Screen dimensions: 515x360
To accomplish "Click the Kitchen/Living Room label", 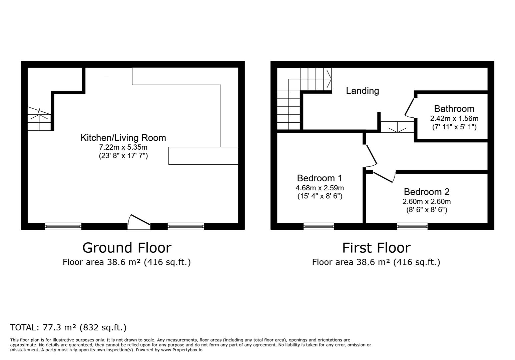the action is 123,138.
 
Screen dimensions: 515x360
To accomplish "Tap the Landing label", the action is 362,91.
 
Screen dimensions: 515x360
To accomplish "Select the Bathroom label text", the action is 454,109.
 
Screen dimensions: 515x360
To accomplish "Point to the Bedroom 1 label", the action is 320,178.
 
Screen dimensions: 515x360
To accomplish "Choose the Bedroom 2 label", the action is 427,192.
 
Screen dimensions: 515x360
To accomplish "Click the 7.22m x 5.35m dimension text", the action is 123,147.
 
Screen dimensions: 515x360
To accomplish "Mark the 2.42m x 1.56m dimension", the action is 454,119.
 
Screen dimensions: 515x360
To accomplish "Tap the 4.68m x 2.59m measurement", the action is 320,188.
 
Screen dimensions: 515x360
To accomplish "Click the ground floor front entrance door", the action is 139,222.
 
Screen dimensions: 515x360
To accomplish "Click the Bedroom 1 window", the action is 319,226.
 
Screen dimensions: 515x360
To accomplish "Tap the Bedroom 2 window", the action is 412,226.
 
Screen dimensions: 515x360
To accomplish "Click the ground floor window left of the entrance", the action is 63,226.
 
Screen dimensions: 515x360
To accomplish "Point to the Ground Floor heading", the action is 127,248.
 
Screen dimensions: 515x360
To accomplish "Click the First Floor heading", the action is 376,248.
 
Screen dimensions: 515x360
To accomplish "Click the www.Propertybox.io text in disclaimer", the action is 182,350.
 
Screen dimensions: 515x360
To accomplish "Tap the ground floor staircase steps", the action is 39,119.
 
